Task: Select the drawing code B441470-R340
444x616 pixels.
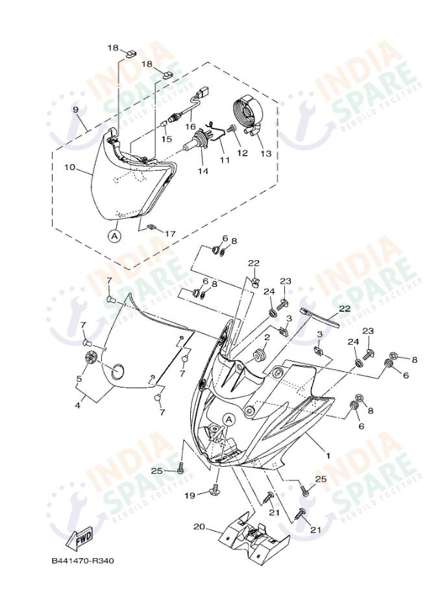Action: tap(83, 561)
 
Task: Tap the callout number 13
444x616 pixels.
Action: tap(266, 153)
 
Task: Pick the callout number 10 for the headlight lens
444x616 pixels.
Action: tap(69, 167)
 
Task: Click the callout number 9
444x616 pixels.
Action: tap(76, 110)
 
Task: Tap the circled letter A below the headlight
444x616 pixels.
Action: tap(114, 236)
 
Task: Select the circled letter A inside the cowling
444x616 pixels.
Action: tap(230, 419)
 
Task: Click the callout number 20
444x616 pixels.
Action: tap(199, 526)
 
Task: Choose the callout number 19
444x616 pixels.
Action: tap(190, 496)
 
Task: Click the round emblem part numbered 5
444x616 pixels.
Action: tap(92, 358)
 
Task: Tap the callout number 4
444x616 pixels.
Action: tap(77, 405)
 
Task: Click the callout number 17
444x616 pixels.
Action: tap(169, 234)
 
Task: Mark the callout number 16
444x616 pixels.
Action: tap(190, 127)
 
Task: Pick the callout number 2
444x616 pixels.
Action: tap(267, 337)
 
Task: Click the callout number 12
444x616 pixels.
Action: tap(242, 153)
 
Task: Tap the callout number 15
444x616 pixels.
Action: tap(167, 139)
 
